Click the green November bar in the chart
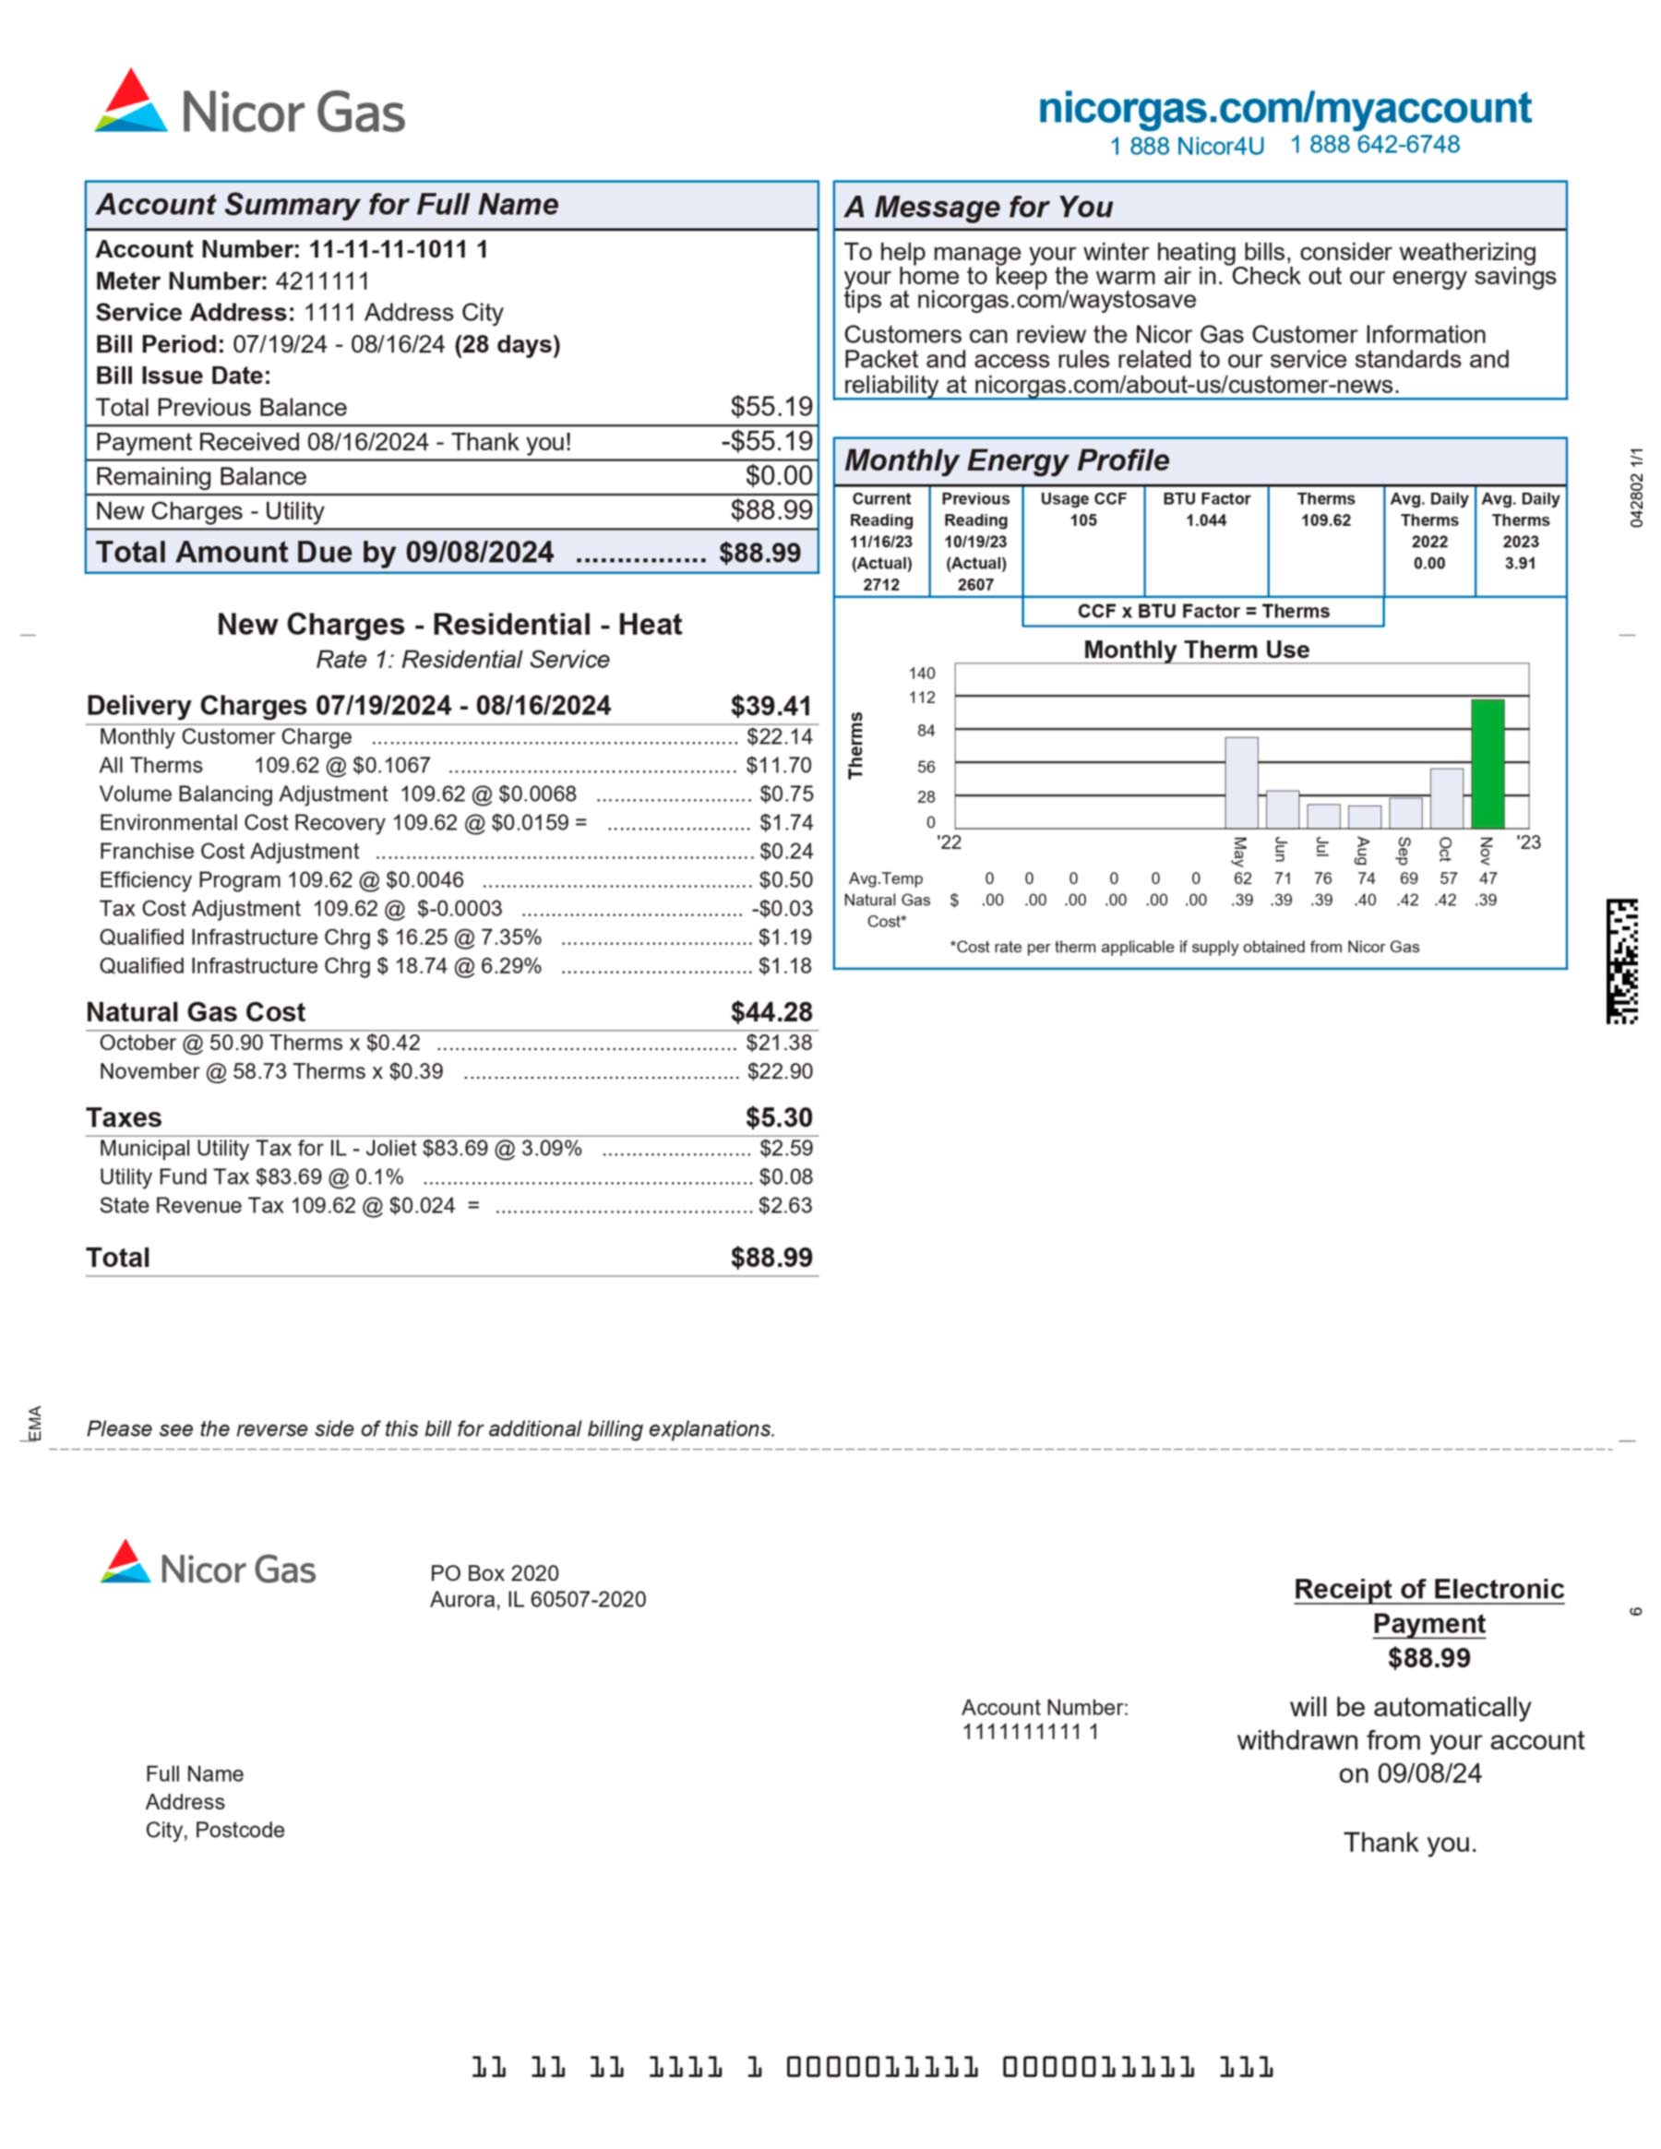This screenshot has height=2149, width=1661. (1487, 764)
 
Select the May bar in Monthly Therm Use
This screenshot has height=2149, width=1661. (1241, 782)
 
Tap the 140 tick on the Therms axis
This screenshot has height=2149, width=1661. (921, 673)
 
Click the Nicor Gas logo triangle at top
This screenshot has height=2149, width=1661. (131, 101)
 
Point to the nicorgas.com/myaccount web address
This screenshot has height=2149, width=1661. (1285, 108)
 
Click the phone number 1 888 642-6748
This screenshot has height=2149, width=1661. (1375, 145)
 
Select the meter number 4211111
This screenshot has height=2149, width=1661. (322, 281)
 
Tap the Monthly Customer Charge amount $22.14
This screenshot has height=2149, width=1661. (778, 737)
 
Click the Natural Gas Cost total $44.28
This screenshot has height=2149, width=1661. (771, 1011)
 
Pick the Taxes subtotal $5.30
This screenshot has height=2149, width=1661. (778, 1117)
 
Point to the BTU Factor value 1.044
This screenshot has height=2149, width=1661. (1205, 520)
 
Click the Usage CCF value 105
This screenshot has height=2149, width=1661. (1082, 520)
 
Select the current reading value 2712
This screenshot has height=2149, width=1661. (880, 584)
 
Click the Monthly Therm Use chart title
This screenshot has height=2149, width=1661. (1196, 650)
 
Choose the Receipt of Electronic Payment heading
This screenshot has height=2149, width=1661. (1428, 1606)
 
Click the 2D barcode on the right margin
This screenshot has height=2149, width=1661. (1621, 961)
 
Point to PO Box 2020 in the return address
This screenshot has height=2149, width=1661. (494, 1573)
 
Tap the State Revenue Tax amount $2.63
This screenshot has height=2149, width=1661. (784, 1205)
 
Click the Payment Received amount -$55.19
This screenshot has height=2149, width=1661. (767, 442)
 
